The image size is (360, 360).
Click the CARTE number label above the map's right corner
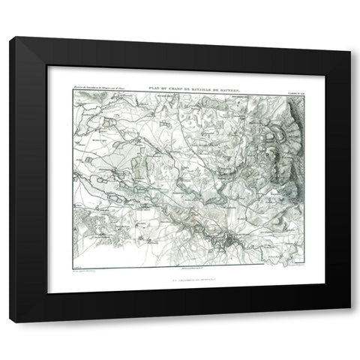pyautogui.click(x=296, y=93)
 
